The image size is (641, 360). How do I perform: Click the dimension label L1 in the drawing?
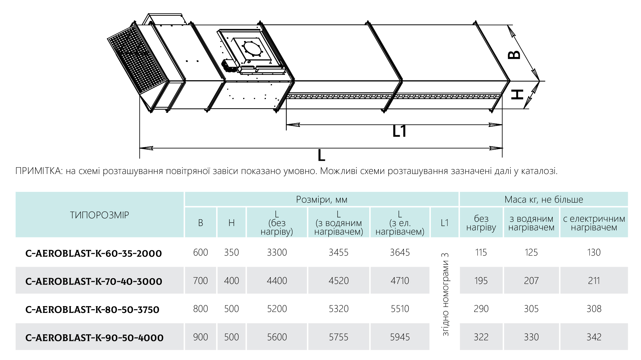(399, 131)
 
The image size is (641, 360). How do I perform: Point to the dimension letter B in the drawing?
(514, 55)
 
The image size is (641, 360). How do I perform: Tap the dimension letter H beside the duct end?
(517, 95)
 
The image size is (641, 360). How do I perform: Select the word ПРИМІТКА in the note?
(39, 171)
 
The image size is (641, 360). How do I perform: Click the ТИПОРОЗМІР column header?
(99, 215)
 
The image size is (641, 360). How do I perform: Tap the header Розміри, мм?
(322, 200)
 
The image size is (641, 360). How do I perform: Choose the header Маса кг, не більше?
(544, 200)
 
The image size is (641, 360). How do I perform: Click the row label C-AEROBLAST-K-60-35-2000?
(94, 253)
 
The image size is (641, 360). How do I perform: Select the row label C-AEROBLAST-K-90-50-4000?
(94, 338)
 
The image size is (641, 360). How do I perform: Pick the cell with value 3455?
(339, 253)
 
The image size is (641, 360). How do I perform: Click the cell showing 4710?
(400, 281)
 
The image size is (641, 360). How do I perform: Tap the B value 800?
(200, 309)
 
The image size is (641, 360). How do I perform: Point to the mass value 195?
(481, 281)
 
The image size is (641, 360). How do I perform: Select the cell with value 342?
(594, 337)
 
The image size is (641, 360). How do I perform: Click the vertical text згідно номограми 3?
(445, 294)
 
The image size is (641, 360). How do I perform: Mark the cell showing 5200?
(277, 309)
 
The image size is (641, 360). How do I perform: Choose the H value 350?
(231, 253)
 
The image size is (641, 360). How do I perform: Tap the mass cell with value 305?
(531, 309)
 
